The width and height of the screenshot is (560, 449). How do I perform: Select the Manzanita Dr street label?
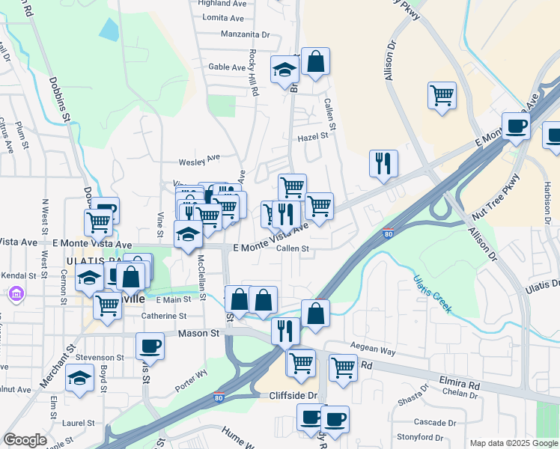(245, 34)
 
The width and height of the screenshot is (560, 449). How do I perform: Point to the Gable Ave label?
(227, 67)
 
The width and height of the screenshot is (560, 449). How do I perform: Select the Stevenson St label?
(99, 358)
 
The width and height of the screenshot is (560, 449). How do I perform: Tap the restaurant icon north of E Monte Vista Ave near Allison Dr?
(383, 163)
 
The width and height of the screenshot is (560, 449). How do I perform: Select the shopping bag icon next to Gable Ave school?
(316, 63)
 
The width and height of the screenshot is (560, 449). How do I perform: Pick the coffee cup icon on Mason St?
(150, 346)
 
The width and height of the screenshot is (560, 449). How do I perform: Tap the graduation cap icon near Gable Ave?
(284, 70)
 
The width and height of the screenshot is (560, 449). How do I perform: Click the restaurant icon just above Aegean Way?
(285, 329)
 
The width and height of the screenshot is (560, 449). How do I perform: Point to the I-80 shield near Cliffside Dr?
(218, 396)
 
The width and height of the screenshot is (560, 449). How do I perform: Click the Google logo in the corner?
(25, 440)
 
